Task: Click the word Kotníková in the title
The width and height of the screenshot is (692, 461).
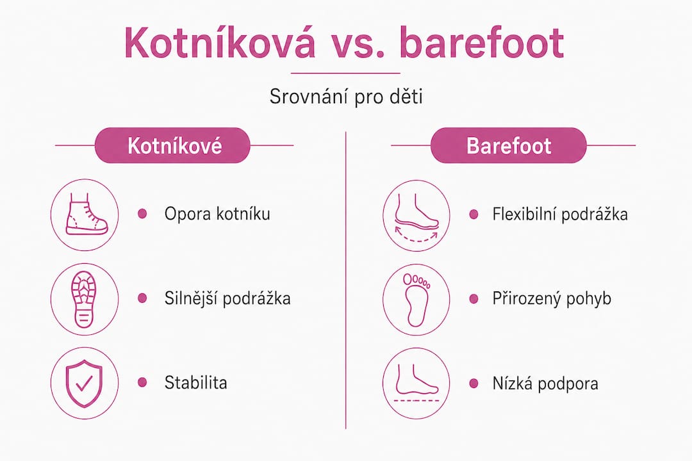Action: tap(220, 43)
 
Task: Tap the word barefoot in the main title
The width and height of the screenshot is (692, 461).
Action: tap(481, 43)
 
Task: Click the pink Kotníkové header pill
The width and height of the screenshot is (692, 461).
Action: tap(172, 145)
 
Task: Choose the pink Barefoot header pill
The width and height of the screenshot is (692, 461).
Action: tap(508, 145)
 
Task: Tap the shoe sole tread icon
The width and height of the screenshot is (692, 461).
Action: tap(85, 299)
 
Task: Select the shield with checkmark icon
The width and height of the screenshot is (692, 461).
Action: tap(85, 383)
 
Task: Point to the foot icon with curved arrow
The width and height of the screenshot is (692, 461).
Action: tap(416, 216)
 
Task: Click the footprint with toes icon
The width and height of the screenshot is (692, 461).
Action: tap(416, 299)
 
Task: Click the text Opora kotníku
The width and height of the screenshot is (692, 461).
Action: tap(217, 214)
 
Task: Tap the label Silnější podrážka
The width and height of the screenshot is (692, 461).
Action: tap(227, 298)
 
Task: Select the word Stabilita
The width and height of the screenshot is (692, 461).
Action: tap(195, 382)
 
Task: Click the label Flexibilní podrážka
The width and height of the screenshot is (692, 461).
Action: tap(560, 214)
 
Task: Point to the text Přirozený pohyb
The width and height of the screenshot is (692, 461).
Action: tap(552, 298)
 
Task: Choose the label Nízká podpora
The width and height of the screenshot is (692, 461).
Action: tap(545, 384)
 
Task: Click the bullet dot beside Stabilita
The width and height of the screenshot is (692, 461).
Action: tap(142, 382)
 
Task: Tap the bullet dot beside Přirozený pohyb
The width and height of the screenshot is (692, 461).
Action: tap(474, 298)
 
